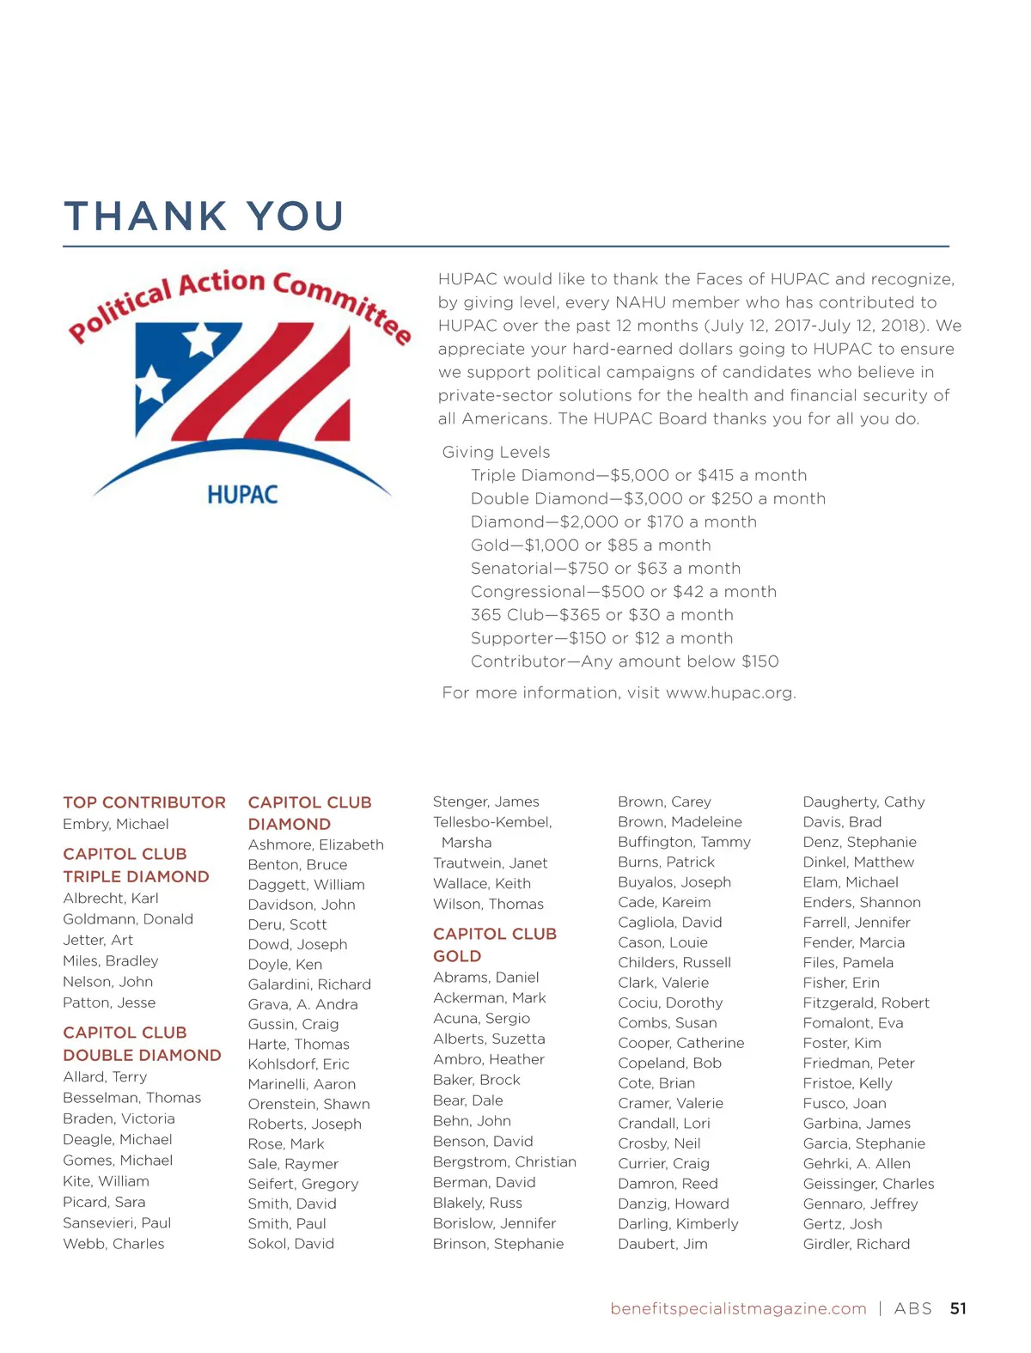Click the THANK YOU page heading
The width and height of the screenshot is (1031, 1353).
tap(204, 216)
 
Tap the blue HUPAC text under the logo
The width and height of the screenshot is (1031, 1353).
tap(242, 495)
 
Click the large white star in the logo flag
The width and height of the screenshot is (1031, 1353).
tap(202, 338)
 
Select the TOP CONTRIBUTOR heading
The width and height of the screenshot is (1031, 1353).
tap(144, 802)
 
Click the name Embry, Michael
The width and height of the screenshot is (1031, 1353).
tap(115, 824)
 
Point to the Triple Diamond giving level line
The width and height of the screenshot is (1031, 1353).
tap(638, 475)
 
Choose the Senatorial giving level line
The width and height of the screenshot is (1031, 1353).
tap(605, 568)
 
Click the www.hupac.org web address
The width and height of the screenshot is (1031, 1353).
tap(729, 692)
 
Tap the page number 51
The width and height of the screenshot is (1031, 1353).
tap(958, 1308)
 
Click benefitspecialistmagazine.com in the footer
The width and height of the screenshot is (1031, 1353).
tap(738, 1308)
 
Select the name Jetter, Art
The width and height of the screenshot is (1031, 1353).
tap(98, 940)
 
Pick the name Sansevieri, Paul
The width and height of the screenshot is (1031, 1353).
tap(117, 1222)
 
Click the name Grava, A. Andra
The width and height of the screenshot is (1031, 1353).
tap(302, 1004)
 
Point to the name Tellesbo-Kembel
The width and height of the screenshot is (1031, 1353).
tap(492, 822)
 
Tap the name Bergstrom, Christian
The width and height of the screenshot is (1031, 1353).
tap(504, 1161)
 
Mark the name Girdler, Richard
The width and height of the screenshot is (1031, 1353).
tap(856, 1244)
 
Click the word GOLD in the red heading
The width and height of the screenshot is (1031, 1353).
tap(457, 956)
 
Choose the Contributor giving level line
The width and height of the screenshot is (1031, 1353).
tap(625, 661)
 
